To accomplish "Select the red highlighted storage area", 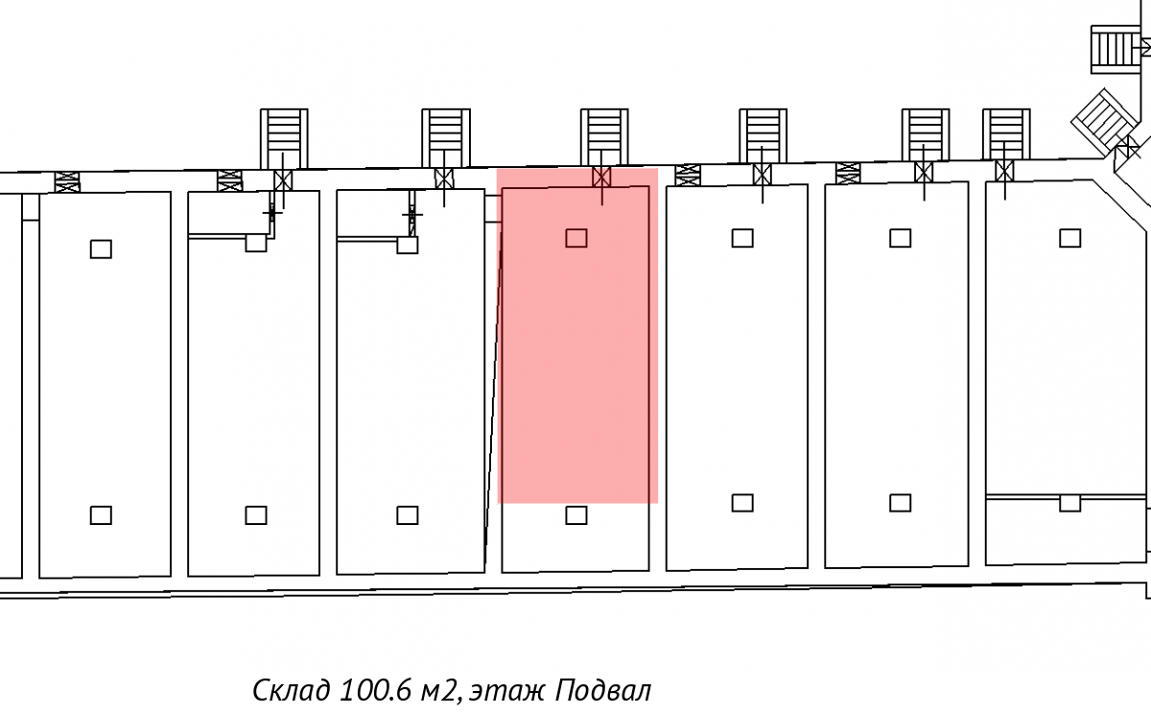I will coord(576,365).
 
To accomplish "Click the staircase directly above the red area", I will coord(603,135).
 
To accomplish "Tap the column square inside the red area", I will coord(575,238).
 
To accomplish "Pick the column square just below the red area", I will coord(575,515).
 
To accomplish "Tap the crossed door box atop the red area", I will coord(601,177).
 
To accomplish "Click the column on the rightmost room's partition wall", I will coord(1069,503).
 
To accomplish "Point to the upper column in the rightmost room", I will coord(1069,238).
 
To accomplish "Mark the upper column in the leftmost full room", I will coord(101,250).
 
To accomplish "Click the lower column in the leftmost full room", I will coord(101,515).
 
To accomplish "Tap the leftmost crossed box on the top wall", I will coord(66,181).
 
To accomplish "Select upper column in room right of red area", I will coord(741,238).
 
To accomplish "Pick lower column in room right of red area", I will coord(741,503).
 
